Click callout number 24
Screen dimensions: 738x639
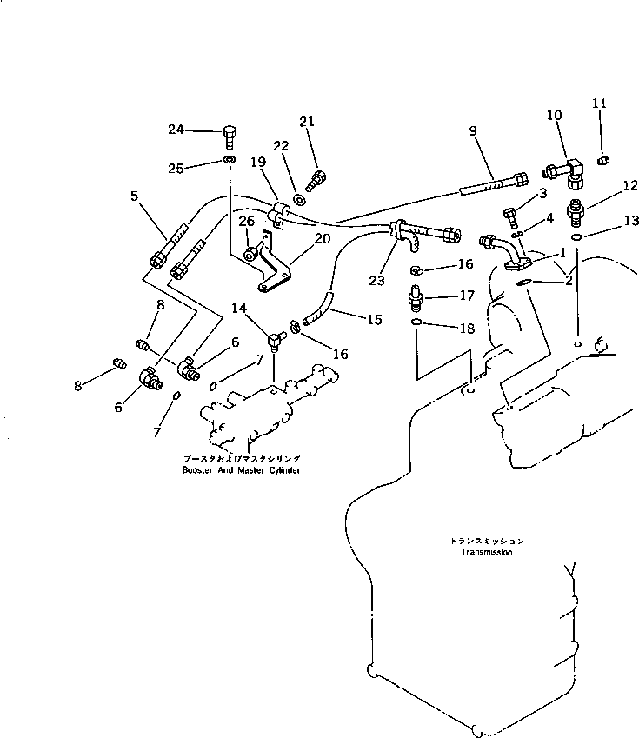point(176,130)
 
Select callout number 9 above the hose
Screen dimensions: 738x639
point(473,131)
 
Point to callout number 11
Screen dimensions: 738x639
point(599,103)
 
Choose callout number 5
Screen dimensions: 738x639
point(135,196)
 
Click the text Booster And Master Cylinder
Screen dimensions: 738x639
point(241,470)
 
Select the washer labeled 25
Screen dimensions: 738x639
point(228,162)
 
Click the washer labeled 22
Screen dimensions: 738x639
point(299,199)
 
